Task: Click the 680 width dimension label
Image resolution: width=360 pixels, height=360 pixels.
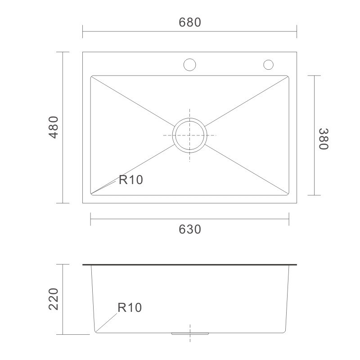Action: (190, 22)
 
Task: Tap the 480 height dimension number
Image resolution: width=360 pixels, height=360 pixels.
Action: (54, 127)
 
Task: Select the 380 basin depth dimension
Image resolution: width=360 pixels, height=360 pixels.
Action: (324, 139)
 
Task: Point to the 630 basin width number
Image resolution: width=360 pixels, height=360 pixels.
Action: (190, 229)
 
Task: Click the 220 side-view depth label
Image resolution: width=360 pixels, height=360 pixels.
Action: (54, 299)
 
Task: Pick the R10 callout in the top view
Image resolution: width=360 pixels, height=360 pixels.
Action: (131, 180)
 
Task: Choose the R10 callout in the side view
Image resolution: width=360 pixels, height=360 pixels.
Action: (130, 307)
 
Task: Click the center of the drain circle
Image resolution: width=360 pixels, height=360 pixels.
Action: (189, 135)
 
